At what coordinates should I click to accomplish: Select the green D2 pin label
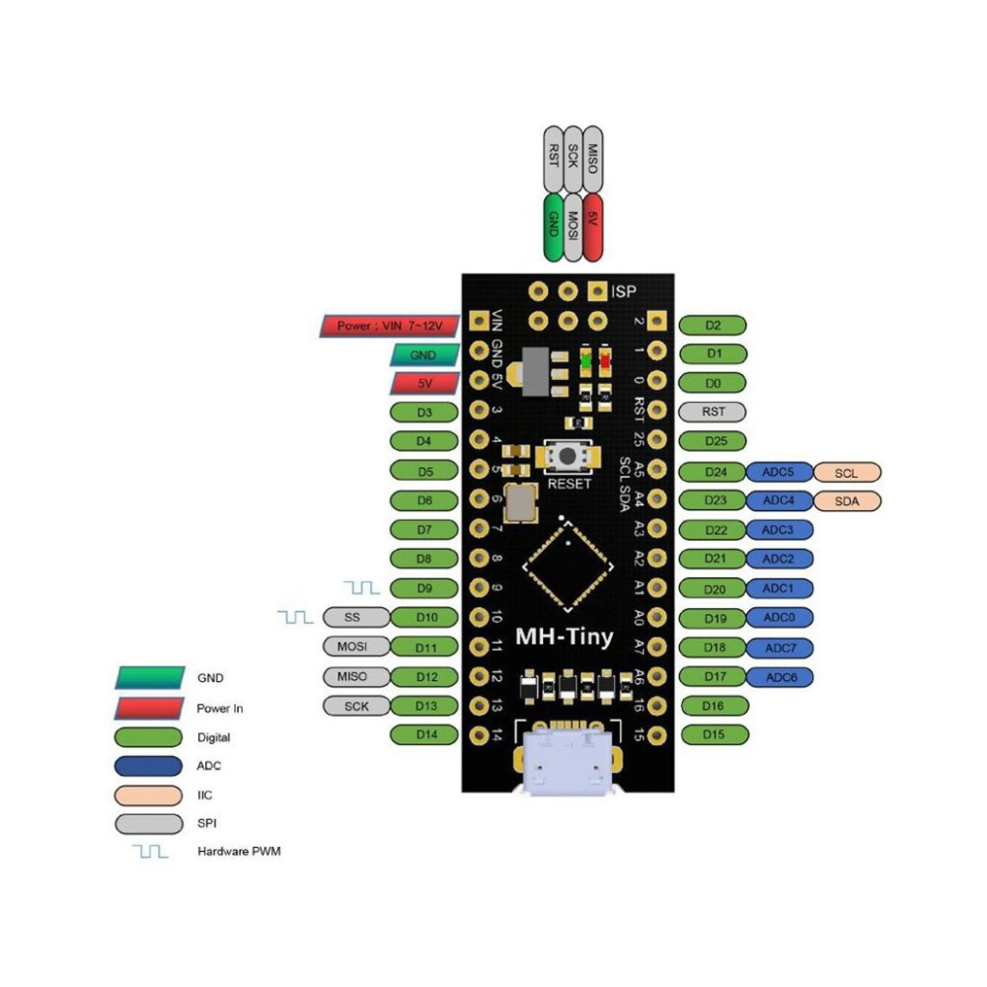(x=714, y=326)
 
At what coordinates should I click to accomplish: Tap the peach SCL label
(x=846, y=473)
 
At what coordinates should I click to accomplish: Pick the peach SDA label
(x=846, y=501)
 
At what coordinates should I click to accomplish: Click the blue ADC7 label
(x=780, y=647)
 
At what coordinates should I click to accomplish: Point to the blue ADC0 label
(x=780, y=618)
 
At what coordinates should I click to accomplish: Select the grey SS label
(x=352, y=618)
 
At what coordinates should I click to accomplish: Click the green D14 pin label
(x=424, y=734)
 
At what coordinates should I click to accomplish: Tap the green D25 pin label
(x=714, y=441)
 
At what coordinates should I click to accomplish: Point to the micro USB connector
(x=567, y=765)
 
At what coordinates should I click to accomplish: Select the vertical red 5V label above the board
(x=592, y=226)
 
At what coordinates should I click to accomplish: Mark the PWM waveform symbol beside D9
(x=362, y=588)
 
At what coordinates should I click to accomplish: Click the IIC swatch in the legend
(x=148, y=795)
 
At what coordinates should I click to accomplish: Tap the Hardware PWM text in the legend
(x=239, y=851)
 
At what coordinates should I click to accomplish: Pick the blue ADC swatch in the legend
(x=148, y=766)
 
